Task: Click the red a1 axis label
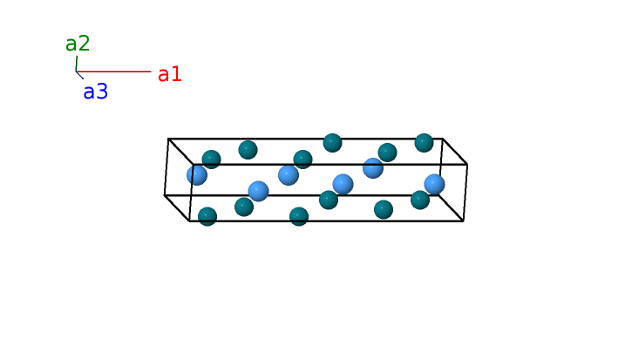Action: pos(170,74)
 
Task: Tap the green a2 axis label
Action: pos(78,44)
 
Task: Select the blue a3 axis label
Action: pos(96,92)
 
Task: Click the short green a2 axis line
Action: pos(77,64)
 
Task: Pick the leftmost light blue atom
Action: pos(197,175)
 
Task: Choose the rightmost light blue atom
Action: pos(434,184)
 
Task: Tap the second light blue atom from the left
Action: pos(258,191)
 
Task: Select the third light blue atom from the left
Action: pos(289,175)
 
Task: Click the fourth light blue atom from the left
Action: pos(343,184)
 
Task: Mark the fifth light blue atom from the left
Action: pos(373,168)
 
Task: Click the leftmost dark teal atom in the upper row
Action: pos(211,160)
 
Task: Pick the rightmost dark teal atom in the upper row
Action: pos(424,142)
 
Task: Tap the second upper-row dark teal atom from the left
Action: pos(248,150)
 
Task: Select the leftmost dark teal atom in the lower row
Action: pos(207,216)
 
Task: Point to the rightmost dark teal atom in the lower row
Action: pos(420,200)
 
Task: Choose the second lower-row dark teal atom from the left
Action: pos(244,207)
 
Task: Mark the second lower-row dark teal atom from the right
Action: pos(384,209)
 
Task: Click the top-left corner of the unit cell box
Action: pos(168,139)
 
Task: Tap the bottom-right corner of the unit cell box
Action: pos(463,221)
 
